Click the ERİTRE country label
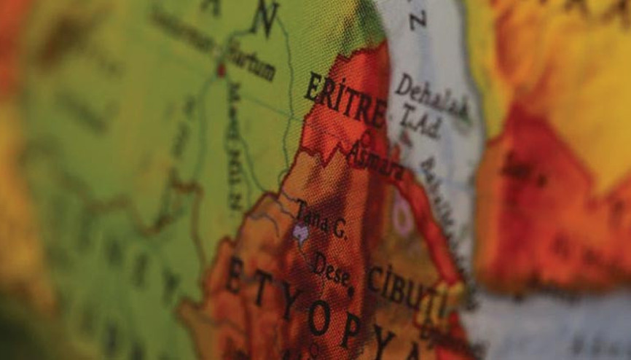click(x=345, y=100)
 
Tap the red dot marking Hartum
click(x=222, y=70)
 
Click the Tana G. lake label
click(x=321, y=219)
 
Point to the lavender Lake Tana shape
click(x=299, y=232)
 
